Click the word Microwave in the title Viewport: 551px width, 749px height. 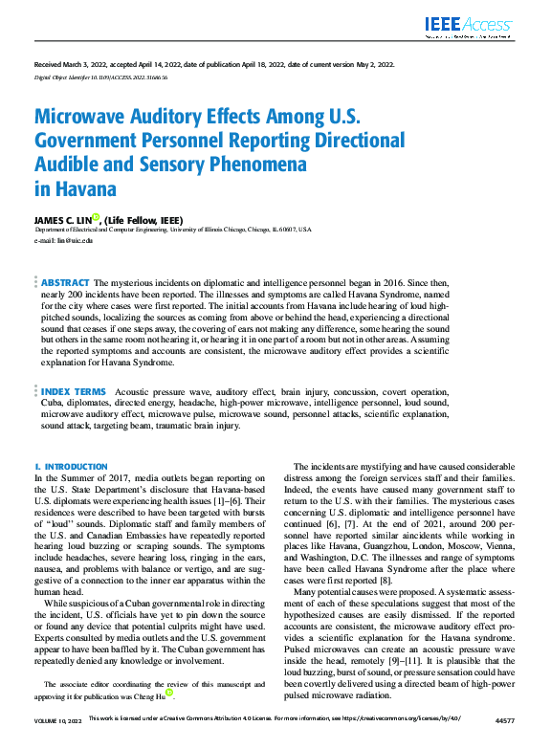82,119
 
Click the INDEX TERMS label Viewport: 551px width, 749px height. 74,392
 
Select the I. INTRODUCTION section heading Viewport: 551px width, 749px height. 71,466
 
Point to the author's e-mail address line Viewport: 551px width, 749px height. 64,240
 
